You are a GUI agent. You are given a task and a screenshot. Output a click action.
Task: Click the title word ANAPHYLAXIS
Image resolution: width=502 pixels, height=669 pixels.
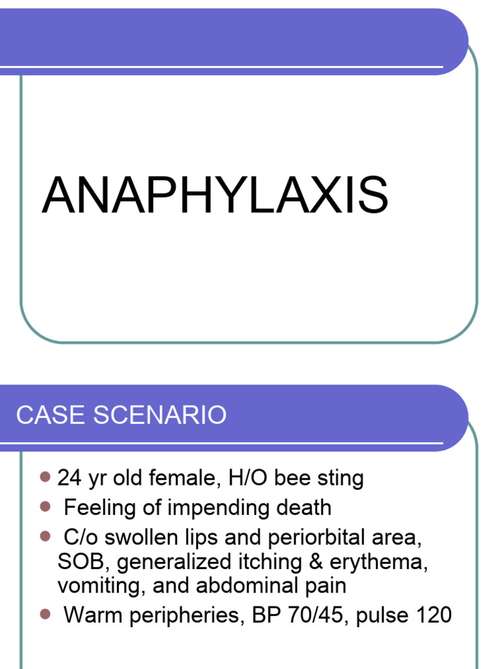coord(215,195)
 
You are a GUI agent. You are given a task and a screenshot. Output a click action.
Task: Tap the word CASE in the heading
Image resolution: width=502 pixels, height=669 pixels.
coord(43,416)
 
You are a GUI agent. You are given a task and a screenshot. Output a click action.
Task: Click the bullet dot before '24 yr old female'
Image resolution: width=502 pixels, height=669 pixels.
coord(45,477)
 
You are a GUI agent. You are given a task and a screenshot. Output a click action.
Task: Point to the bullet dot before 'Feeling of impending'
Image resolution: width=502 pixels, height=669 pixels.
coord(45,506)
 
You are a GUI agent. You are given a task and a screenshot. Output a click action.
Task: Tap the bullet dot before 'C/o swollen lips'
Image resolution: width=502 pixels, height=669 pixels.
coord(45,536)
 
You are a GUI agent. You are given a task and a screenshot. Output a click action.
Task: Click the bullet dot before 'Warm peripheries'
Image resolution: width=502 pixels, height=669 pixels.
coord(45,613)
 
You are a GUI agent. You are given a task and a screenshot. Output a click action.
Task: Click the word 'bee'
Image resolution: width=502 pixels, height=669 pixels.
coord(293,478)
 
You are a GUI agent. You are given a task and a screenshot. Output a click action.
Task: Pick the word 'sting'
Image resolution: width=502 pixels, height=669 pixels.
coord(341,480)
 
